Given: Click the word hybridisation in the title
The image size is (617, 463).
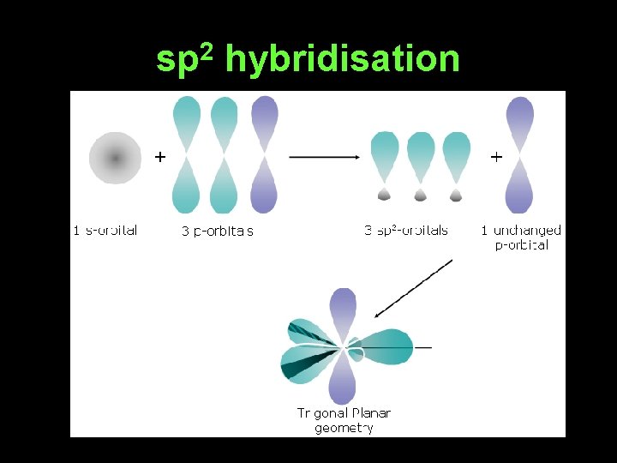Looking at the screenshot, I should pos(343,59).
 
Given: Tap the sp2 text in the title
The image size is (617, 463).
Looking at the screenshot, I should pos(188,59).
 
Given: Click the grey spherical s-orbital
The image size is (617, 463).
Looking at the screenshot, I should pos(115,158).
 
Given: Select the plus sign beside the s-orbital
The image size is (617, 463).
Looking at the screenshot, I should pos(159,157).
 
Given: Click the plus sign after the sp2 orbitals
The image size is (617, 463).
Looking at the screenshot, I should pos(495,157).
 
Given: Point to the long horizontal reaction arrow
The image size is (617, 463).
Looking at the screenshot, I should pos(325,157).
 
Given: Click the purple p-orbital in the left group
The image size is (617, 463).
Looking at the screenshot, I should pos(264,154).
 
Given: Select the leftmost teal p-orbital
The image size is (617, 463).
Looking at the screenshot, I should pos(187,154).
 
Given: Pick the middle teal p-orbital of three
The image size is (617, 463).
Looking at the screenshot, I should pos(225,154).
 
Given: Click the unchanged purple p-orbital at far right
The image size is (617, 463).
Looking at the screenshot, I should pos(520,154).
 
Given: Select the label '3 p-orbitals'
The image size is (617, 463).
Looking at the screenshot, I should pos(218,231).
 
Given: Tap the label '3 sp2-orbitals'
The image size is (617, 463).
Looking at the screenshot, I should pos(406,230).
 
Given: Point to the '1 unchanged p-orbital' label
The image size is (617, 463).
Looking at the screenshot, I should pos(521,237).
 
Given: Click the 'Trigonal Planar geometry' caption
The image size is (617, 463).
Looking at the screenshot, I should pos(344,420).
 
